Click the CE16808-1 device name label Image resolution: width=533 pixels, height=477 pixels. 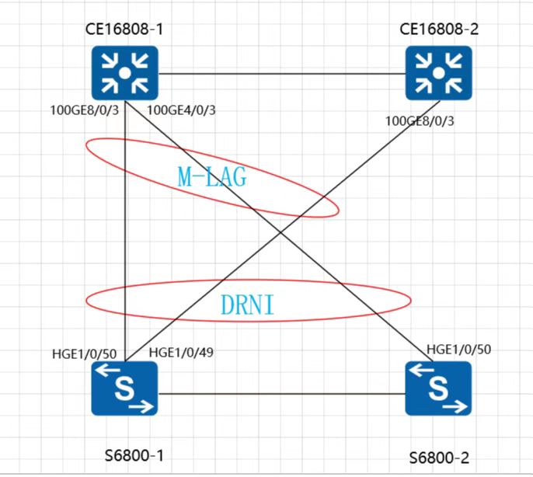point(124,30)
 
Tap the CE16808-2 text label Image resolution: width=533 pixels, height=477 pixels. point(439,30)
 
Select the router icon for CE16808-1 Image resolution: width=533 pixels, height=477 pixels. point(125,73)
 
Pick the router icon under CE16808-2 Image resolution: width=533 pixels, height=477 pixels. point(439,73)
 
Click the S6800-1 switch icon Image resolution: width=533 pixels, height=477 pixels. point(125,388)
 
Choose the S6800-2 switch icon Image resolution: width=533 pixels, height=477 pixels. point(438,388)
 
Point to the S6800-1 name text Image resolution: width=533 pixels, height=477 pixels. point(134,455)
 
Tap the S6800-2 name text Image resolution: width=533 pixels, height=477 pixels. point(439,458)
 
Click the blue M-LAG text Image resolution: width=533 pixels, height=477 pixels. point(212,177)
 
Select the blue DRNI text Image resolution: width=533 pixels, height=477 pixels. point(247,305)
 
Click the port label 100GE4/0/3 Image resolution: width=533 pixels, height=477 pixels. point(181,110)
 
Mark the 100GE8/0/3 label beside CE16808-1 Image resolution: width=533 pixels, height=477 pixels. point(85,110)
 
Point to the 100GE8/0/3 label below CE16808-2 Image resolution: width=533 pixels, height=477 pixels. point(420,121)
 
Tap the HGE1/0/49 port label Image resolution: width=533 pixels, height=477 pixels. point(181,353)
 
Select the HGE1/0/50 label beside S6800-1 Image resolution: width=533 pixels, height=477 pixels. point(84,354)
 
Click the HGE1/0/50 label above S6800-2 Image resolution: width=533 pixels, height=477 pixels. point(459,350)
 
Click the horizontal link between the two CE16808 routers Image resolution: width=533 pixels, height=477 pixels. point(282,74)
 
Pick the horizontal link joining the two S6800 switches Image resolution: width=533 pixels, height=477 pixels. point(282,394)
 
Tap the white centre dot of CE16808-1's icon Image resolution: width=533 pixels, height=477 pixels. point(125,73)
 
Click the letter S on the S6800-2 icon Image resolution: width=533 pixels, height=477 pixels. point(438,388)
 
